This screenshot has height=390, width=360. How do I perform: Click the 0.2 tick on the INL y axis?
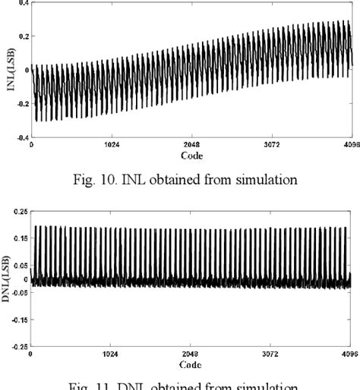click(23, 36)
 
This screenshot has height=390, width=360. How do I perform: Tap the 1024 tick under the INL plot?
click(110, 146)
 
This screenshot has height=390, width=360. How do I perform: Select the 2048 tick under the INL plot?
click(190, 146)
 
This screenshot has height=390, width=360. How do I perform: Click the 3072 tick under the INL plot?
click(270, 146)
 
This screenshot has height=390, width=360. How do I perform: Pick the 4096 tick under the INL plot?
click(349, 146)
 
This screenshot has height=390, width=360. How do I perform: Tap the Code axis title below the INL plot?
click(191, 155)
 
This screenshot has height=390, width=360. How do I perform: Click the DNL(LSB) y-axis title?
click(10, 278)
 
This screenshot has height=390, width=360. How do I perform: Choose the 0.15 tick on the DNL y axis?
click(21, 238)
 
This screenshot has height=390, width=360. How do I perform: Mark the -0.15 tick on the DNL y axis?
click(19, 319)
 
